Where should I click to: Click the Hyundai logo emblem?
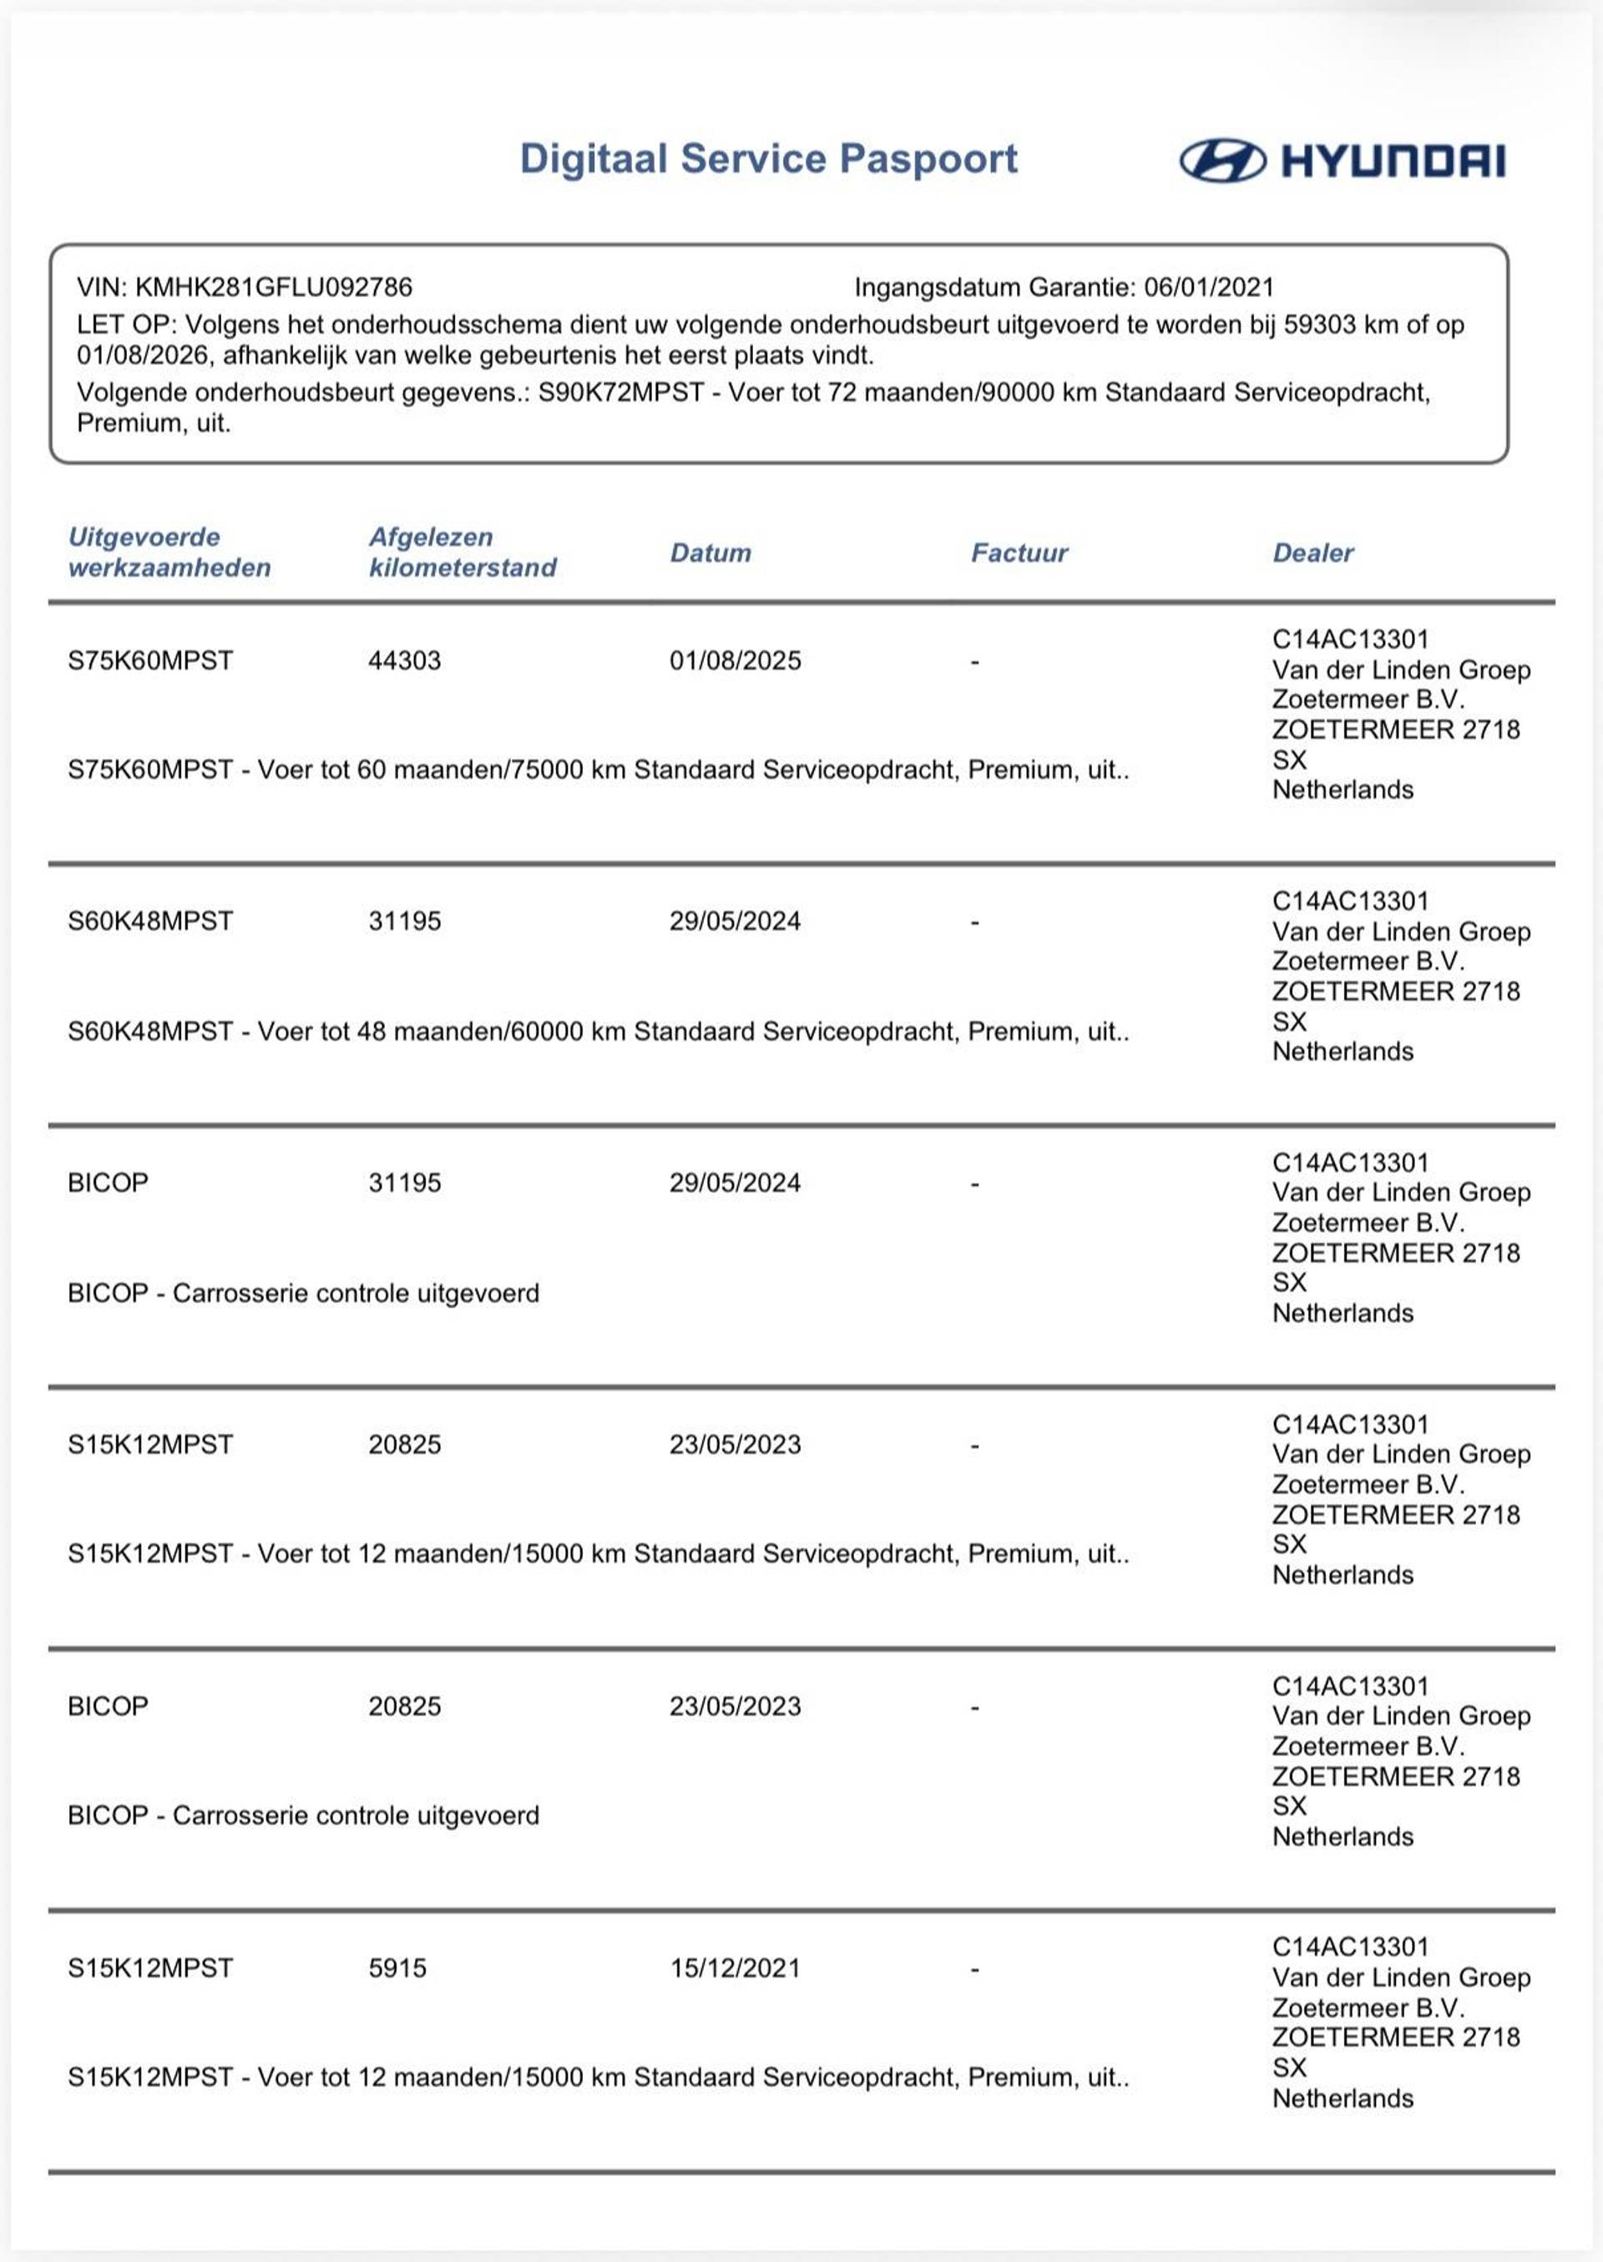pos(1222,160)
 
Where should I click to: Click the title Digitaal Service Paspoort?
pos(768,159)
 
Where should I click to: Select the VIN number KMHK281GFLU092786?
pos(273,287)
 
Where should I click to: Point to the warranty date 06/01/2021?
pos(1209,287)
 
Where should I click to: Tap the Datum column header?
pos(710,553)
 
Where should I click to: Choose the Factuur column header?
pos(1019,553)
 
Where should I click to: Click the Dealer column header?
pos(1312,553)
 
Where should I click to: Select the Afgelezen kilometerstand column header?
pos(462,553)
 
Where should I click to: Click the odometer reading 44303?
pos(405,660)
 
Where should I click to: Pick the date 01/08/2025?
pos(736,660)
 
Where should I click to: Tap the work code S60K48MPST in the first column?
pos(150,921)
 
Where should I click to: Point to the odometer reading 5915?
pos(397,1968)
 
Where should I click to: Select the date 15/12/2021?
pos(736,1968)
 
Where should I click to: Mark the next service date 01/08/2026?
pos(143,356)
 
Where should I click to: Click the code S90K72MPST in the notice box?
pos(621,393)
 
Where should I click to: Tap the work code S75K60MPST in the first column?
pos(150,660)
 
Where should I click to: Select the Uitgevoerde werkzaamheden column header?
pos(169,553)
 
